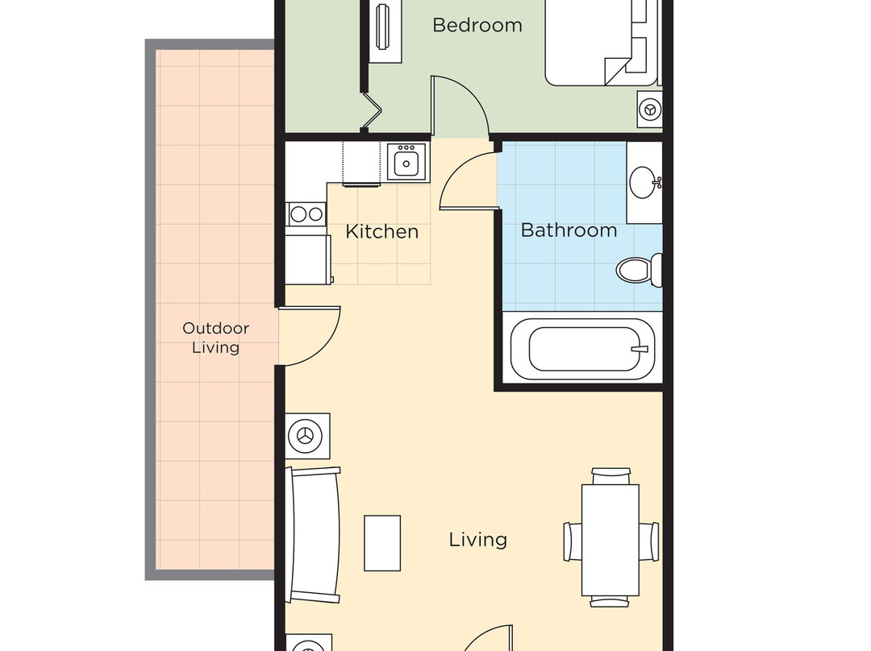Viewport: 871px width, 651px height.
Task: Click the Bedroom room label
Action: point(477,25)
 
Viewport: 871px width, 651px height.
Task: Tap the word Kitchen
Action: point(381,232)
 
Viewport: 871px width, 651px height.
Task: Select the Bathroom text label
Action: point(569,230)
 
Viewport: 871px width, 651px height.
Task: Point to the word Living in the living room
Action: point(477,539)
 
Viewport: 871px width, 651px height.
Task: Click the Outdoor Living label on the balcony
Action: point(215,338)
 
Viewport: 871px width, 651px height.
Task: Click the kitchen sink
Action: point(406,162)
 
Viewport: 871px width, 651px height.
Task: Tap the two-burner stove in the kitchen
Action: point(306,214)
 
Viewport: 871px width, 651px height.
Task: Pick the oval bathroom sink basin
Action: point(644,183)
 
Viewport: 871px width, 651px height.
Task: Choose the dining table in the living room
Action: point(611,538)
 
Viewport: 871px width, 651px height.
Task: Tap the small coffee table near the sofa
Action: point(382,542)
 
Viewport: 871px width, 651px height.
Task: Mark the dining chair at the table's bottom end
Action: point(610,600)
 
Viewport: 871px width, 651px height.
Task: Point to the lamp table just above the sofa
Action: point(307,436)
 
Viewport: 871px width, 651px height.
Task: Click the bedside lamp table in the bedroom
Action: point(649,107)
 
